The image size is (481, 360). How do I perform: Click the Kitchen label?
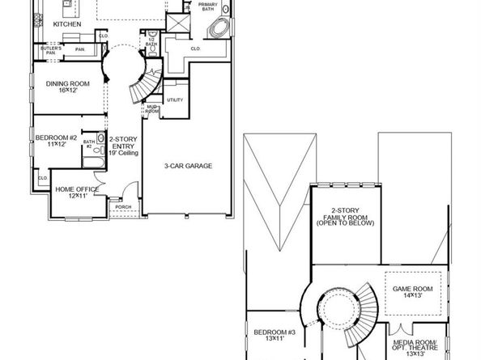click(x=67, y=24)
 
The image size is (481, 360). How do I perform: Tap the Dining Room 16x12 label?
click(x=68, y=86)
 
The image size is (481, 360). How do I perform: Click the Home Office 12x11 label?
click(x=78, y=192)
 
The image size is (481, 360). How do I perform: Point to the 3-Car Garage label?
click(x=189, y=166)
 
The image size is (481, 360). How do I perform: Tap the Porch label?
click(x=123, y=207)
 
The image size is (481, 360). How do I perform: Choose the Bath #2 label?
click(x=90, y=146)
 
